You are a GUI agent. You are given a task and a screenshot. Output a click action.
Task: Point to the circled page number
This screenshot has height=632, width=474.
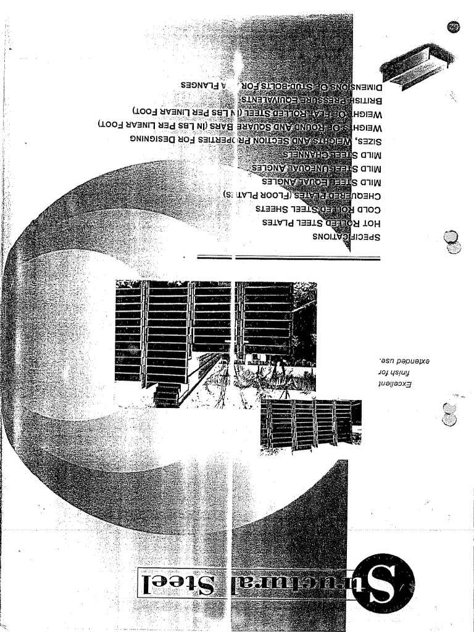point(454,28)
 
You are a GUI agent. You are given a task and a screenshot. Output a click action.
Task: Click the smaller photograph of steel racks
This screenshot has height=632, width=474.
point(310,425)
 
